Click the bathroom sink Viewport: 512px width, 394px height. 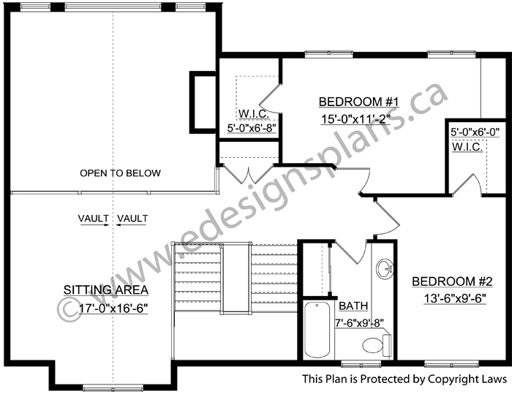pyautogui.click(x=385, y=269)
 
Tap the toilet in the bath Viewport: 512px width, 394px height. pyautogui.click(x=377, y=346)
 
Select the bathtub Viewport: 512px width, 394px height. pyautogui.click(x=317, y=330)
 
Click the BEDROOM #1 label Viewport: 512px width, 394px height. pyautogui.click(x=359, y=102)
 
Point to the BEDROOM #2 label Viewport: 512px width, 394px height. pyautogui.click(x=452, y=281)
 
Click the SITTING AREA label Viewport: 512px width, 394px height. pyautogui.click(x=106, y=290)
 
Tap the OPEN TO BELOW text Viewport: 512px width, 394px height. pyautogui.click(x=120, y=173)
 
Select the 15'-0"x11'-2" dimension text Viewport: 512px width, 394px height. pyautogui.click(x=356, y=120)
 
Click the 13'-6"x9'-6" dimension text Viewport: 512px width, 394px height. pyautogui.click(x=455, y=298)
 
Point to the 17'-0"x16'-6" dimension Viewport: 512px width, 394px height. pyautogui.click(x=113, y=308)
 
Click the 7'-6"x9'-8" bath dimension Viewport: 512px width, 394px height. pyautogui.click(x=359, y=322)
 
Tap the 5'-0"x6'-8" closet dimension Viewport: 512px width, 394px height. pyautogui.click(x=252, y=128)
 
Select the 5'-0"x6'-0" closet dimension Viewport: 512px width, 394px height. pyautogui.click(x=475, y=132)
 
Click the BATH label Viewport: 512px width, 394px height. pyautogui.click(x=353, y=306)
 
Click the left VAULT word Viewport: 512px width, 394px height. pyautogui.click(x=94, y=218)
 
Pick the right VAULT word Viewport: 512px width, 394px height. pyautogui.click(x=132, y=218)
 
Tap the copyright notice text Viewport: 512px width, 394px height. pyautogui.click(x=404, y=379)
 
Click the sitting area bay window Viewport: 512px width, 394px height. pyautogui.click(x=113, y=388)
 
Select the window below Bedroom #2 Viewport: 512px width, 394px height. pyautogui.click(x=451, y=363)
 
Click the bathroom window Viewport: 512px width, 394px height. pyautogui.click(x=361, y=363)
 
